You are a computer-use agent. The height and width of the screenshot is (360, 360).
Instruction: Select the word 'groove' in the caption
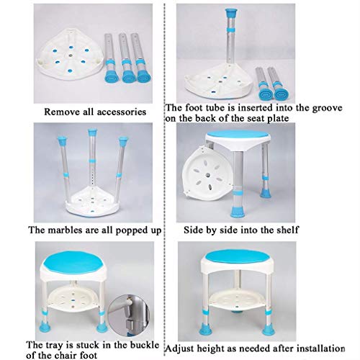[x=328, y=108]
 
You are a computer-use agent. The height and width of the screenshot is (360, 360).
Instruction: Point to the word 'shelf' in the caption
[x=287, y=230]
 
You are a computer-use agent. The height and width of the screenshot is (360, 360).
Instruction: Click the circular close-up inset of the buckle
[x=129, y=315]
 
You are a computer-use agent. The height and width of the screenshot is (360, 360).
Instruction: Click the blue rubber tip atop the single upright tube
[x=232, y=13]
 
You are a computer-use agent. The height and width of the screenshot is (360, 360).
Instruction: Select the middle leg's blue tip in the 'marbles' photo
[x=92, y=132]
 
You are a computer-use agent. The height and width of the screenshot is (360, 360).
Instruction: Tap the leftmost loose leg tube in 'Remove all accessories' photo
[x=110, y=58]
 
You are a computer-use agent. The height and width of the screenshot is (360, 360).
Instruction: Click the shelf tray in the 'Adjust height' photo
[x=237, y=298]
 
